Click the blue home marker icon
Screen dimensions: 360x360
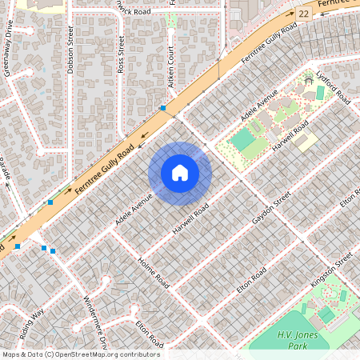coord(180,173)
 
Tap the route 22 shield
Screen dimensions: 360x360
coord(302,14)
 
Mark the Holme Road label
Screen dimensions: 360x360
coord(154,274)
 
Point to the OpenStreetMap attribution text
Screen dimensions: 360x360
coord(81,354)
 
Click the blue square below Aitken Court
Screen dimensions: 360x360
coord(163,107)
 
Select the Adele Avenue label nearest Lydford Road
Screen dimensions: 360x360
coord(261,104)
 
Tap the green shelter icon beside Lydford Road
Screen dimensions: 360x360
coord(309,78)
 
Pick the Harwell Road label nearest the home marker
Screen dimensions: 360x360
coord(190,218)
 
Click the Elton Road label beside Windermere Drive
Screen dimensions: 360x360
coord(150,333)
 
